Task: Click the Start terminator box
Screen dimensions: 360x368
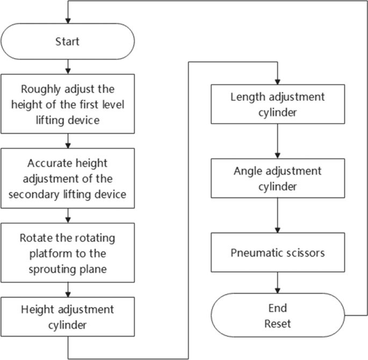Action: (68, 41)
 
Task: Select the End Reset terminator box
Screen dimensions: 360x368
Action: (277, 316)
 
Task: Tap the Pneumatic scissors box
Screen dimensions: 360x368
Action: (277, 252)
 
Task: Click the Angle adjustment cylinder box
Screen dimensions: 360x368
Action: (277, 178)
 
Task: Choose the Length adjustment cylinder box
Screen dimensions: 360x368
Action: (277, 104)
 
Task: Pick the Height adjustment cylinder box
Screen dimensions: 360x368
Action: (68, 317)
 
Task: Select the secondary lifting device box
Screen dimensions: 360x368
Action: (68, 178)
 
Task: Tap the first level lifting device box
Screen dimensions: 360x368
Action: (68, 104)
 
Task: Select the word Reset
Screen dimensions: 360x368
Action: (277, 324)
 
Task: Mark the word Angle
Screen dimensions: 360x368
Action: (247, 171)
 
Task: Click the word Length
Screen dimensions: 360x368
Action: (246, 97)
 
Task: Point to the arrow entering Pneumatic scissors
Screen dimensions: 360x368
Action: (277, 226)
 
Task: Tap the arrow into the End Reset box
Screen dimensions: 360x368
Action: (277, 283)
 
